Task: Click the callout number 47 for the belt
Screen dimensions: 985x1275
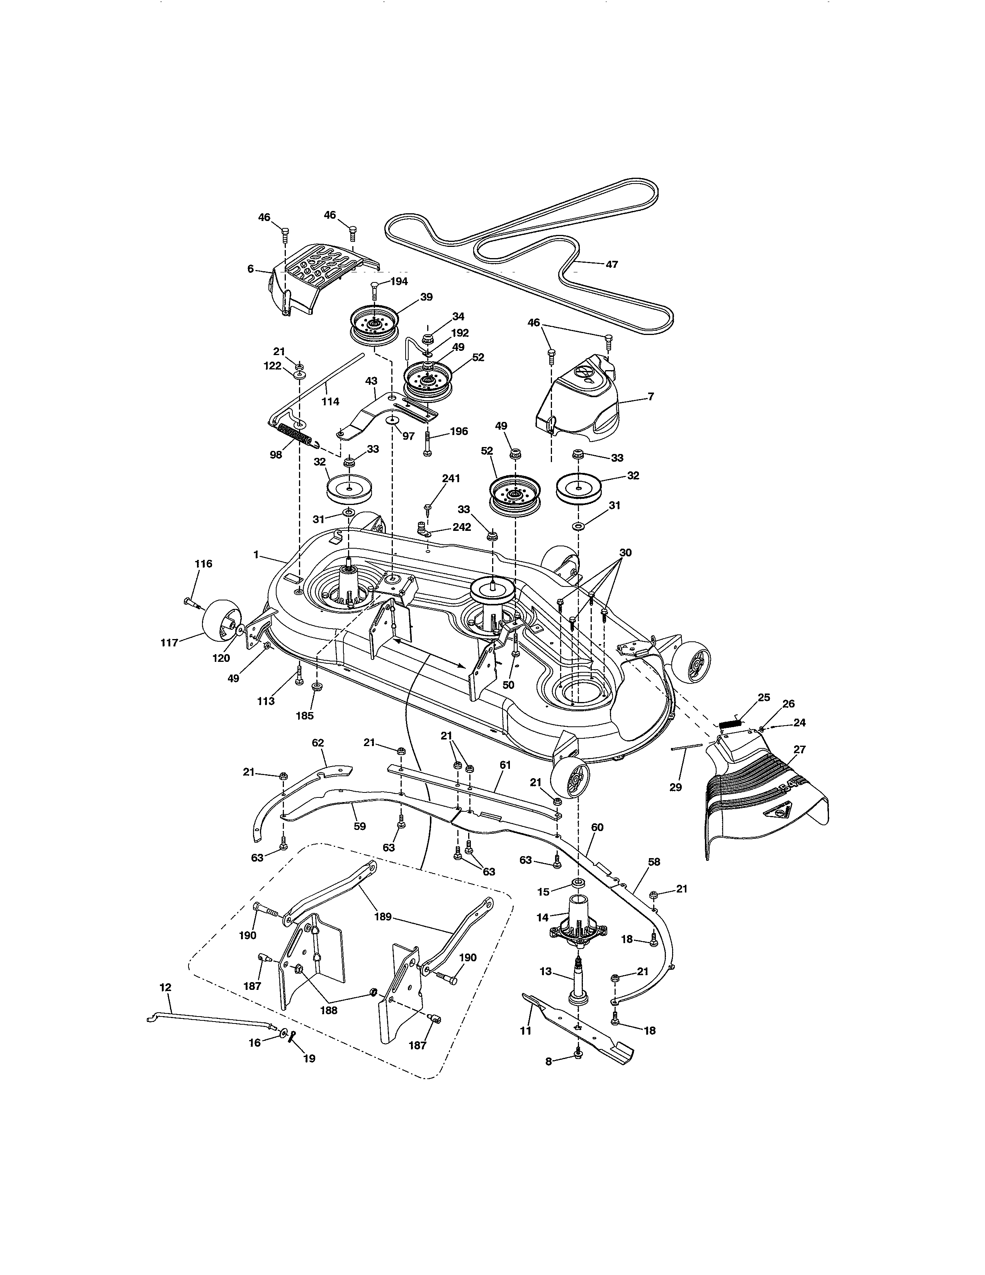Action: tap(611, 264)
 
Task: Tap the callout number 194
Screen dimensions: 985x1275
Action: tap(399, 281)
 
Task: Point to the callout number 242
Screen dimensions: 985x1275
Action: tap(462, 527)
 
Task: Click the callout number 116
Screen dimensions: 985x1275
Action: tap(203, 564)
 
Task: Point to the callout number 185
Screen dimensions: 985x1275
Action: tap(305, 716)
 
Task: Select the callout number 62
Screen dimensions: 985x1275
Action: tap(318, 743)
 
